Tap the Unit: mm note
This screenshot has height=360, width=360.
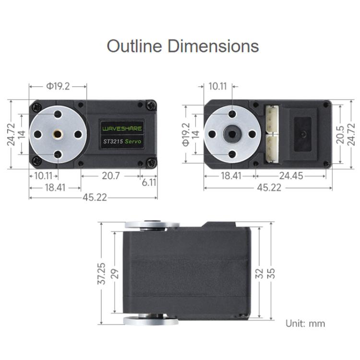point(305,323)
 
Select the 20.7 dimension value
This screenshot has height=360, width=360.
point(110,176)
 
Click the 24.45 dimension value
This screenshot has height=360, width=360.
point(291,176)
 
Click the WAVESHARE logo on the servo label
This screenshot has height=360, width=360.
point(122,129)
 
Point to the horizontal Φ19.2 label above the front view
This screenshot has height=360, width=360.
point(58,86)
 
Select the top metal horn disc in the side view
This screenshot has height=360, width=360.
point(152,225)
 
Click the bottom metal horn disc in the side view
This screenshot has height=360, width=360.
point(152,321)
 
